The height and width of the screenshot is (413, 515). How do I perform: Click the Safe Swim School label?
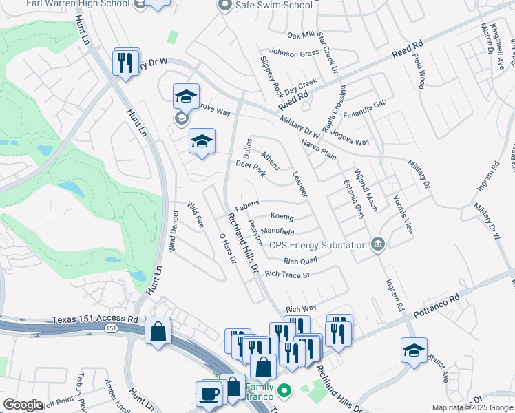(x=274, y=6)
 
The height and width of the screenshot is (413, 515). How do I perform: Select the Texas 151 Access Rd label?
(x=95, y=320)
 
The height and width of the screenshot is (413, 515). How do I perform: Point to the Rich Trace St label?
(x=288, y=274)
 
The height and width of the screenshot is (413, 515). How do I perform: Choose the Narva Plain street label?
(x=319, y=149)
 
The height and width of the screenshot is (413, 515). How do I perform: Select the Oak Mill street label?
(x=301, y=36)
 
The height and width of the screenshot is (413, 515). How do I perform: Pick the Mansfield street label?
(x=277, y=233)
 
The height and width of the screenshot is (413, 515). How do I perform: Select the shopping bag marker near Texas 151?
(x=158, y=332)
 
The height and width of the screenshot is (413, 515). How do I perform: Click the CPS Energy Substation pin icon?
(x=377, y=244)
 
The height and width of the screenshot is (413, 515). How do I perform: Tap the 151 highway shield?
(x=111, y=330)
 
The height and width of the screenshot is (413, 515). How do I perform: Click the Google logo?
(x=23, y=405)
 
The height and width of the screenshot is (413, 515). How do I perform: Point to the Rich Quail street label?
(x=300, y=261)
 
